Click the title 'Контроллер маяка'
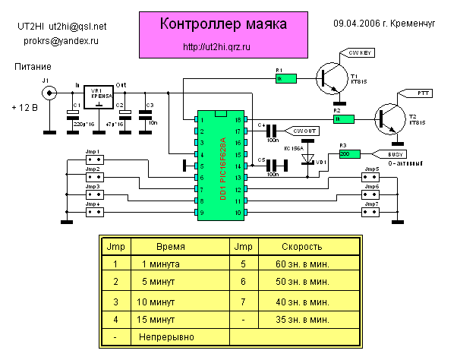click(x=223, y=24)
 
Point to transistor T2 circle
click(x=392, y=118)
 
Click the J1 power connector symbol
click(x=51, y=93)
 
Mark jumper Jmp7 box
click(x=370, y=213)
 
